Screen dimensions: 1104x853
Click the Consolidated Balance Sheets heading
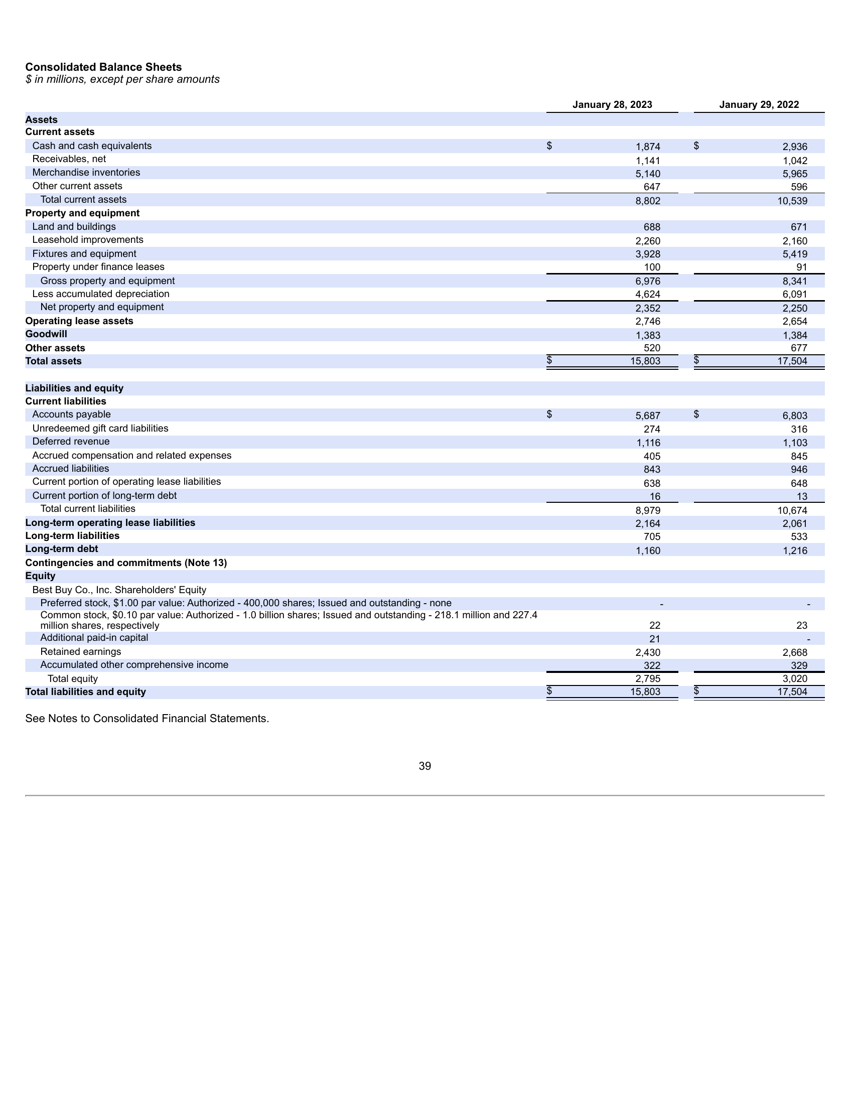point(103,67)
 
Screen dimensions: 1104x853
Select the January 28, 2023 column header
point(612,105)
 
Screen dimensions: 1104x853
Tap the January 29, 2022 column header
point(759,105)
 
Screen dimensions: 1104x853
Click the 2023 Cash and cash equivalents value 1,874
point(648,147)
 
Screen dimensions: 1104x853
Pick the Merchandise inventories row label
point(86,172)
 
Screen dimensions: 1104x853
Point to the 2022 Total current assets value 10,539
point(792,201)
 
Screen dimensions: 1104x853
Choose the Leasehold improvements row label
point(88,239)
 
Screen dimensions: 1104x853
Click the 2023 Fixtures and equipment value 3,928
point(648,254)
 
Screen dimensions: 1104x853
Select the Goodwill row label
point(46,334)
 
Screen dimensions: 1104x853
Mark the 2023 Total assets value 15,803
point(645,361)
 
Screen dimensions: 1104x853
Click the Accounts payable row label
point(71,415)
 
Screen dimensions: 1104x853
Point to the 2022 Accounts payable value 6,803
point(795,416)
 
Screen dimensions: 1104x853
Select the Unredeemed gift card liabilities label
point(100,428)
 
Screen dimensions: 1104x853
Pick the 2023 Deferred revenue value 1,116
point(648,443)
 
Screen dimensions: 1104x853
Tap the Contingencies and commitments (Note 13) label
point(126,563)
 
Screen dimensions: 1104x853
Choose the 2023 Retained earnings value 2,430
point(648,652)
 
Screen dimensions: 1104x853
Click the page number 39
point(425,766)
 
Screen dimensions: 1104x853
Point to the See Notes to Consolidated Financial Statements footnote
point(147,718)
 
